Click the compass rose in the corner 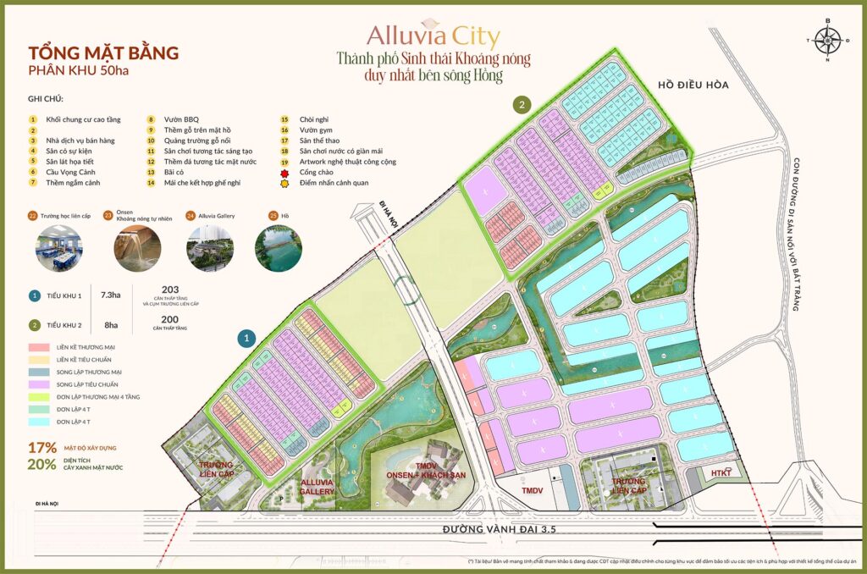[828, 39]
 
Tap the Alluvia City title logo [433, 36]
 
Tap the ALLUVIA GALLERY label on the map [318, 487]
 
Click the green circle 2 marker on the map [523, 105]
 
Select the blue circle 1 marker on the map [246, 338]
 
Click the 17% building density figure [42, 447]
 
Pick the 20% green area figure [42, 464]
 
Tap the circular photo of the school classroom [58, 246]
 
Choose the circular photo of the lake [279, 246]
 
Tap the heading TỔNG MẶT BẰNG [103, 52]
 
